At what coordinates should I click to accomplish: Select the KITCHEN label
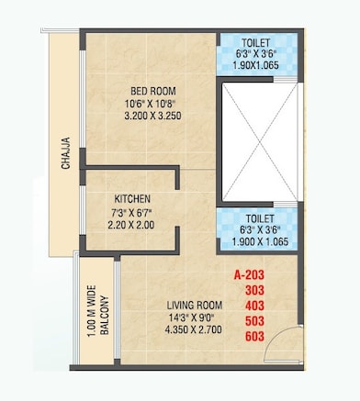132,198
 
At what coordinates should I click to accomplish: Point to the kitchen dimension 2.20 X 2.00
132,224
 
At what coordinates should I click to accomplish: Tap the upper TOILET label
257,43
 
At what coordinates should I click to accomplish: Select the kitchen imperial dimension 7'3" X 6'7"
132,211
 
